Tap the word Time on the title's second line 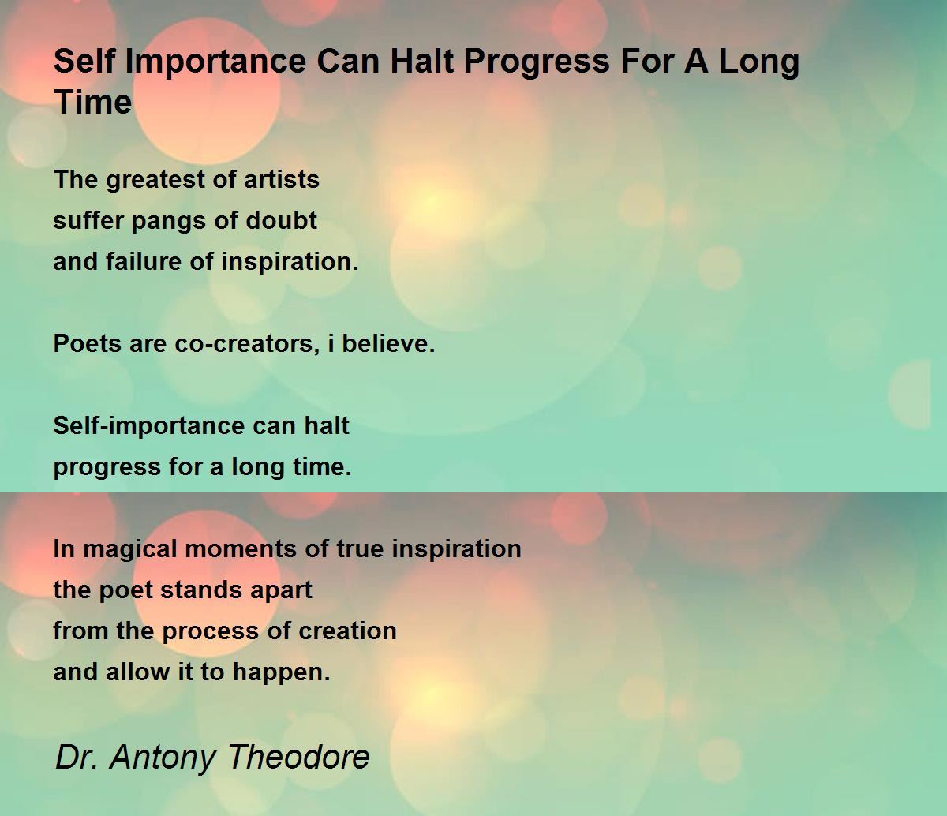point(93,102)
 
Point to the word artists point(281,179)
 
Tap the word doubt point(281,220)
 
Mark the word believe point(388,343)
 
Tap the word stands point(200,590)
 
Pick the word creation point(347,631)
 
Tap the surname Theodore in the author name point(298,757)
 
